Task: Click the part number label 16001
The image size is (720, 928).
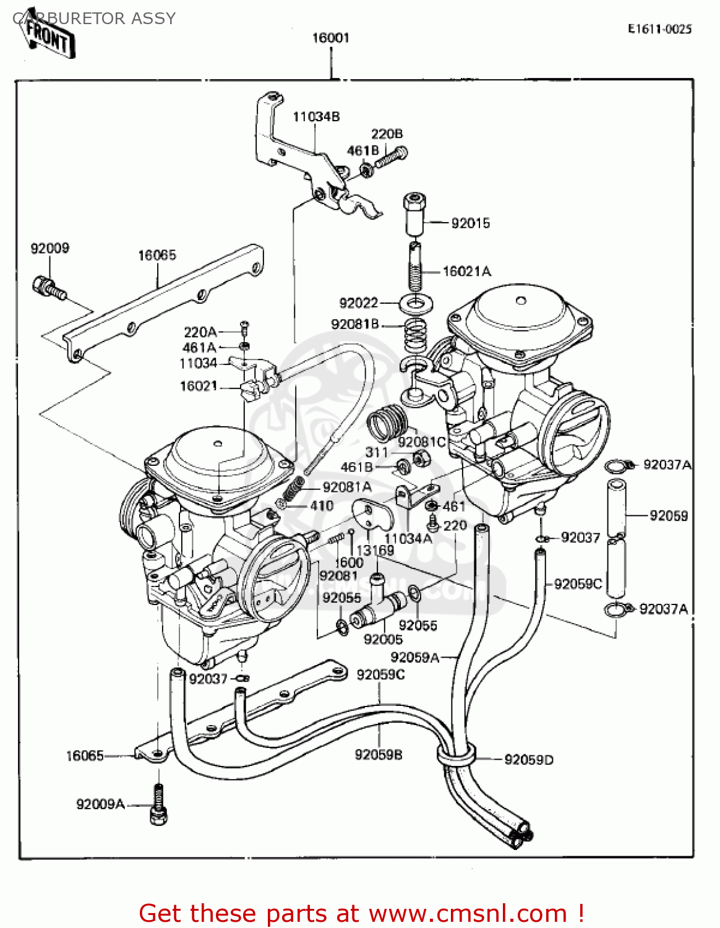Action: pyautogui.click(x=331, y=38)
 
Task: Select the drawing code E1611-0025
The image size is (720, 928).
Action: pyautogui.click(x=659, y=29)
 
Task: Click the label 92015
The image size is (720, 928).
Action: pyautogui.click(x=470, y=223)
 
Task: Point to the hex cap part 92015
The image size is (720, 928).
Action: pyautogui.click(x=414, y=213)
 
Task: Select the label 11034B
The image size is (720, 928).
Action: pyautogui.click(x=316, y=117)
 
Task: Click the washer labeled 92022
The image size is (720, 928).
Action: pyautogui.click(x=416, y=304)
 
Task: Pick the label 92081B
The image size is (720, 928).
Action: pyautogui.click(x=354, y=324)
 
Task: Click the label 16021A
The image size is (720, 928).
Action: pyautogui.click(x=467, y=271)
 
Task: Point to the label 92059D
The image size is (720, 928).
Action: pyautogui.click(x=529, y=760)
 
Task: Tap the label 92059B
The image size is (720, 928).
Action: pyautogui.click(x=379, y=755)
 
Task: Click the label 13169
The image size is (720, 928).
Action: pyautogui.click(x=375, y=550)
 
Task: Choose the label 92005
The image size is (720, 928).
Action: pyautogui.click(x=383, y=640)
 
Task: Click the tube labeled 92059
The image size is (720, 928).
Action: pyautogui.click(x=617, y=509)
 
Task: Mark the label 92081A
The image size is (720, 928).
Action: pyautogui.click(x=347, y=488)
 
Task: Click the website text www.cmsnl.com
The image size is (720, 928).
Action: pyautogui.click(x=468, y=914)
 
